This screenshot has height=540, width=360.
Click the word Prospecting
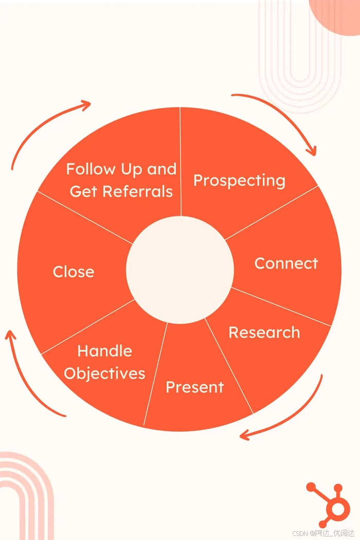239,181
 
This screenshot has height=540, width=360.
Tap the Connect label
286,263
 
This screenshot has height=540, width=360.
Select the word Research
264,332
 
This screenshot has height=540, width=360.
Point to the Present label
194,387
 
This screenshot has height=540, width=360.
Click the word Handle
104,351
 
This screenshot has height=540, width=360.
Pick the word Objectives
104,373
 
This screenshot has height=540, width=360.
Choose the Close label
74,272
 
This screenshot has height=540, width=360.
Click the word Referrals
138,191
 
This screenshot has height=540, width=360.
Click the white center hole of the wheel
180,270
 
